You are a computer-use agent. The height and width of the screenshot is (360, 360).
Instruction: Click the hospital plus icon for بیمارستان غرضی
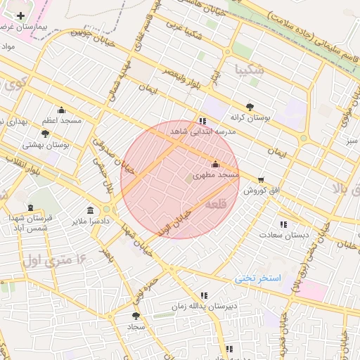20,15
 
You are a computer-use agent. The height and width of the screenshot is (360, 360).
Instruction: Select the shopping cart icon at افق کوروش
262,179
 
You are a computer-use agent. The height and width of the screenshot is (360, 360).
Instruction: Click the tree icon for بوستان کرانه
249,108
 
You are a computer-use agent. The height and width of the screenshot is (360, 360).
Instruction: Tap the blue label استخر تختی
258,278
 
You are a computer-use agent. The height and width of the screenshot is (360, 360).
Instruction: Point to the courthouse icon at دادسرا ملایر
90,210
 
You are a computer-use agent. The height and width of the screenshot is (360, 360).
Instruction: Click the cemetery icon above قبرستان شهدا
30,207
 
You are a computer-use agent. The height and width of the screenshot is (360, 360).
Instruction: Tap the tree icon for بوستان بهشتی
46,134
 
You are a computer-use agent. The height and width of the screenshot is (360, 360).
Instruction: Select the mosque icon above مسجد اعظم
61,110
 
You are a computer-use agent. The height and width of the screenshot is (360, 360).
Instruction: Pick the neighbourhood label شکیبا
251,69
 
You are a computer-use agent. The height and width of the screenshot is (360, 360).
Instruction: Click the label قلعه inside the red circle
216,204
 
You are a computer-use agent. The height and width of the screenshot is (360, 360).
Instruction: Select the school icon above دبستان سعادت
283,224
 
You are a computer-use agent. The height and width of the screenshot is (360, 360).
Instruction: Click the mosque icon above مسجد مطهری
215,164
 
